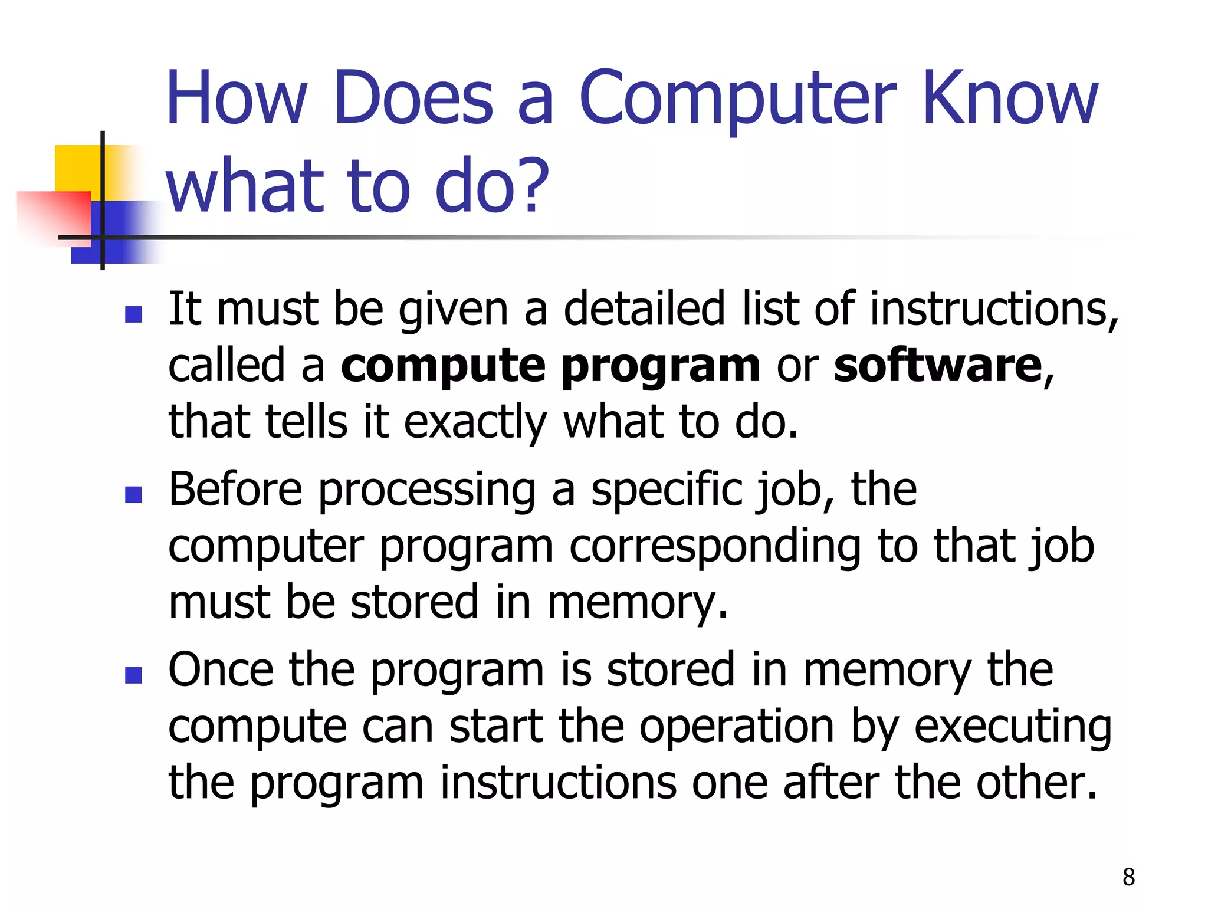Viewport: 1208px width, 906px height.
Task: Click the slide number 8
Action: coord(1128,877)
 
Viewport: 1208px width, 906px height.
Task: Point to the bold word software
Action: coord(938,366)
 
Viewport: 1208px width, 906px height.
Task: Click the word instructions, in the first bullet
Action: coord(994,309)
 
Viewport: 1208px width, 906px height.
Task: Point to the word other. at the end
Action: coord(1037,783)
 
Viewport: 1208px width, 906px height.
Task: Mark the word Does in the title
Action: coord(413,99)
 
